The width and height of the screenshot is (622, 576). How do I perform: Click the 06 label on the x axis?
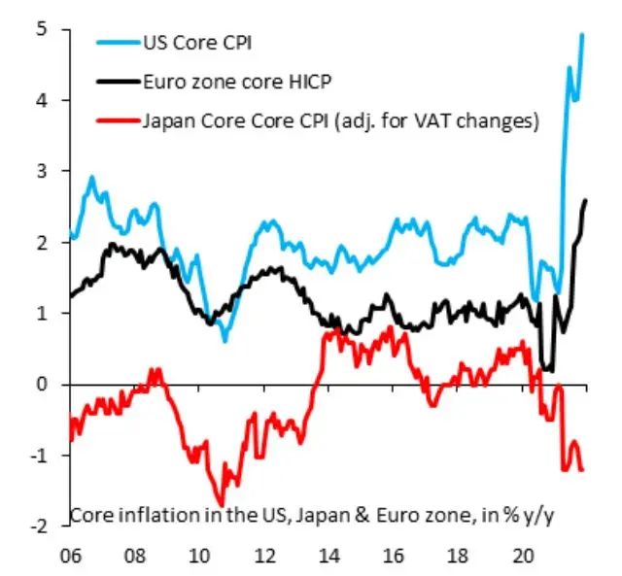(69, 559)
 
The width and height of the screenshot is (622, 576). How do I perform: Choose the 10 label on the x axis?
(198, 559)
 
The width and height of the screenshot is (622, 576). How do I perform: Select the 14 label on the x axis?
(328, 559)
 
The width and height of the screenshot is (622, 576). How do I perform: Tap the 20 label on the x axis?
(522, 559)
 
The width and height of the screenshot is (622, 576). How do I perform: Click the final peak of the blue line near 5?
(582, 35)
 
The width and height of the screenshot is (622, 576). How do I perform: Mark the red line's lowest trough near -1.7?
(222, 503)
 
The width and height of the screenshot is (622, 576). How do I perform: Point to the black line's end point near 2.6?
(585, 200)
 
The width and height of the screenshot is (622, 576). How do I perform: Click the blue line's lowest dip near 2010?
(225, 340)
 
